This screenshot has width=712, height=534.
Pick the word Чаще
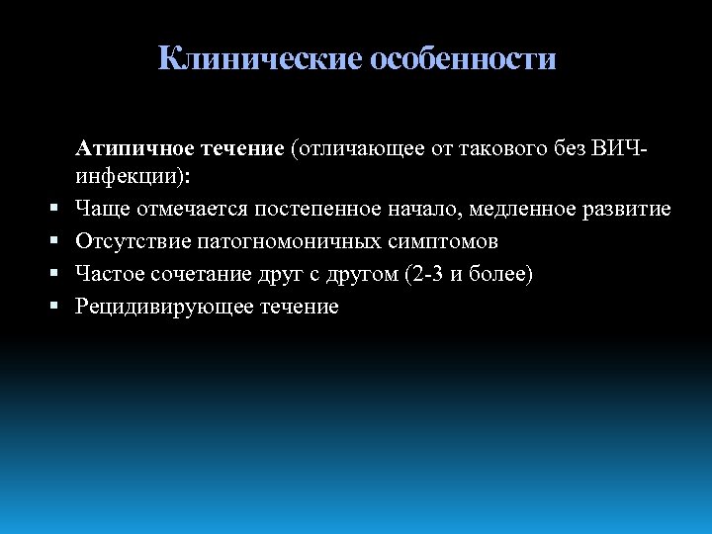(x=103, y=211)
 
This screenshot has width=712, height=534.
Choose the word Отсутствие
(x=129, y=242)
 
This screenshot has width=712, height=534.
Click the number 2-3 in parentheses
(x=424, y=274)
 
